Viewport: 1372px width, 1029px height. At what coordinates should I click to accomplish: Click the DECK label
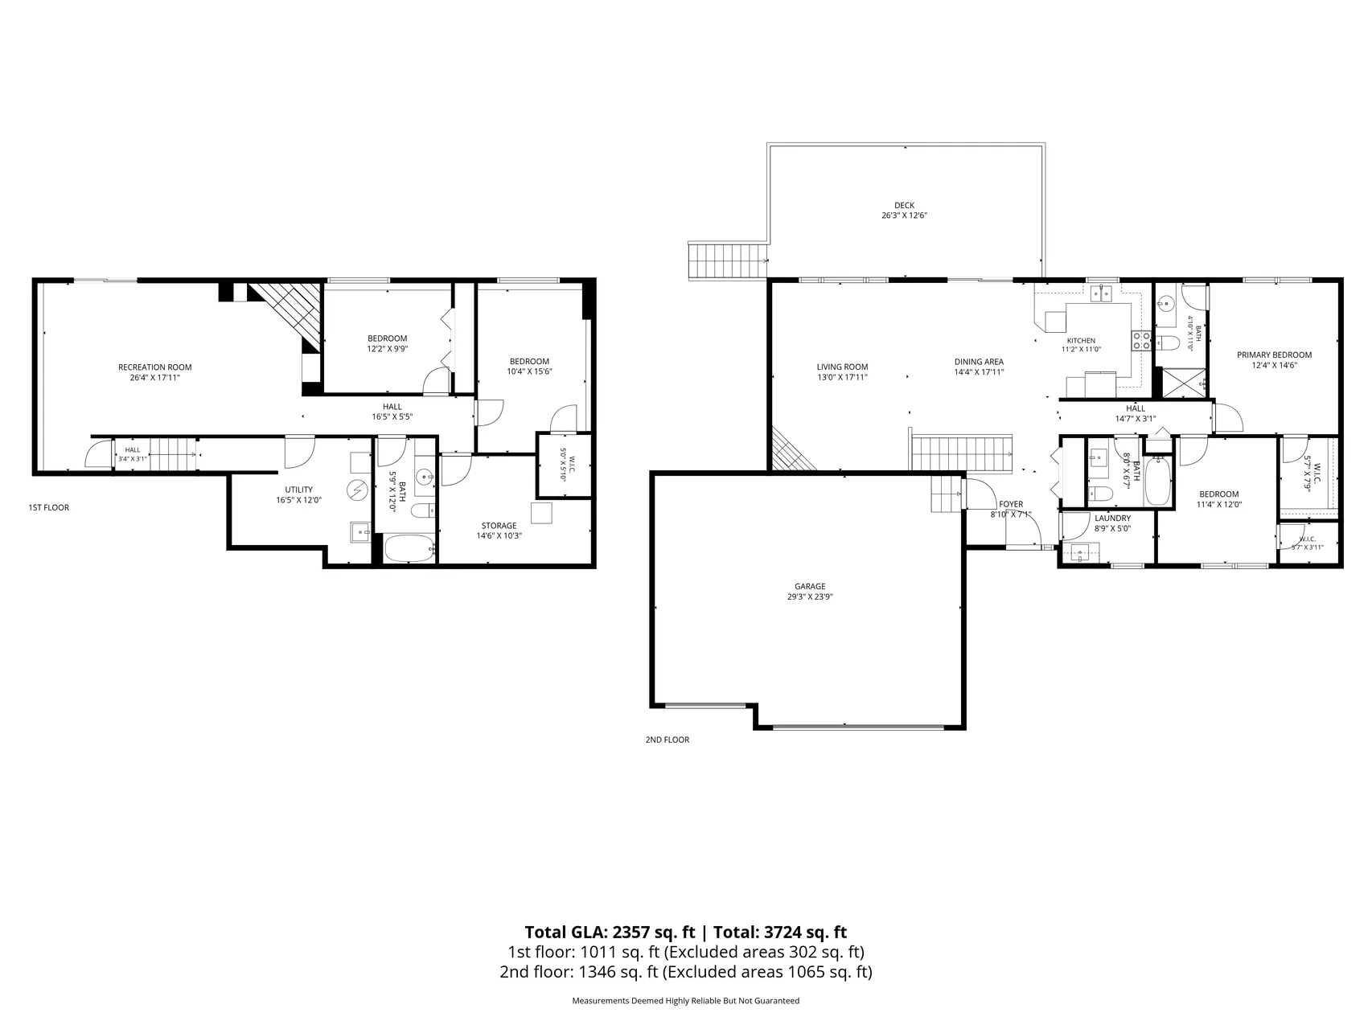(904, 206)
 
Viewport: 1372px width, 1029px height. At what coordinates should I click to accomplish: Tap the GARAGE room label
(811, 587)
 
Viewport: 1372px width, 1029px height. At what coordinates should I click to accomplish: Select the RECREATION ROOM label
(155, 367)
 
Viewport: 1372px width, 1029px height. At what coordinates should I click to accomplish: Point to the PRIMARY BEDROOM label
(1274, 355)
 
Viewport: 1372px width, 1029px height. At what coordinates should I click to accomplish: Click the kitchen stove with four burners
(1140, 341)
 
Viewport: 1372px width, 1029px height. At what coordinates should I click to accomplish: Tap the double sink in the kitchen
(1101, 293)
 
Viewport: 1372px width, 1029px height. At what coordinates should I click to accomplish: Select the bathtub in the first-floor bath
(410, 548)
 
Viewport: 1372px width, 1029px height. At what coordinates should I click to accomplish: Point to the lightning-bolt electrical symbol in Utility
(356, 490)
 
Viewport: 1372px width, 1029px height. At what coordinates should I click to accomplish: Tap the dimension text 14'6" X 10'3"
(499, 535)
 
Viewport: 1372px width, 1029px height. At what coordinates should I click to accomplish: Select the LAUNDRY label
(1112, 519)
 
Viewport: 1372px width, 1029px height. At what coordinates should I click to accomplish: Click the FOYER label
(1011, 504)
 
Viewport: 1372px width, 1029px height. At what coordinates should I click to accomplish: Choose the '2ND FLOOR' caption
(668, 740)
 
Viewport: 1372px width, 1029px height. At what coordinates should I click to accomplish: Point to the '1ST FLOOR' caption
(49, 507)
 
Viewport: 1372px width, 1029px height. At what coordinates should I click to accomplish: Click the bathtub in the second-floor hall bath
(1158, 481)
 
